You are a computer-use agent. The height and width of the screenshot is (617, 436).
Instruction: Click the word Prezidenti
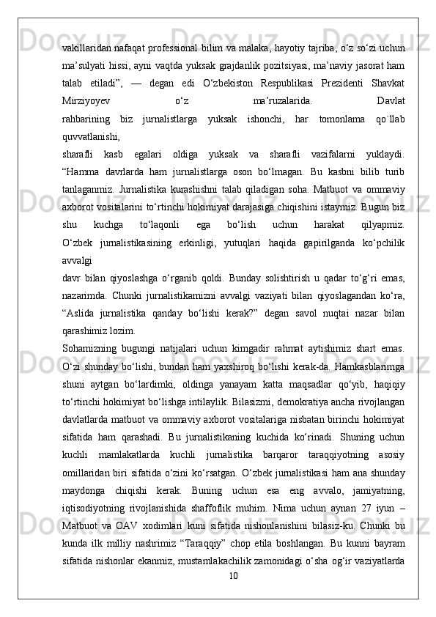click(336, 79)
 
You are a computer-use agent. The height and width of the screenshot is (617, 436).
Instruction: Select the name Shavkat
click(388, 79)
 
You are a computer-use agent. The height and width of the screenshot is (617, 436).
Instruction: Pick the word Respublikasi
click(292, 79)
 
